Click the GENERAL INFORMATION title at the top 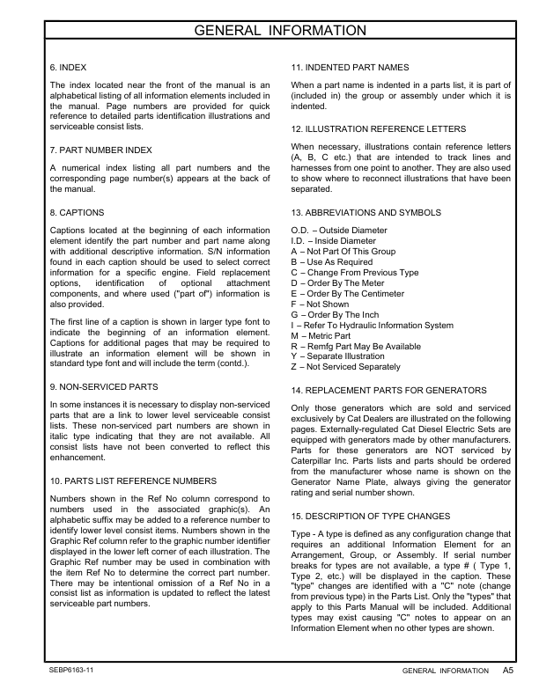coord(269,32)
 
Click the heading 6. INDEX coord(68,67)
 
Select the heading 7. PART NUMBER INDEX coord(101,150)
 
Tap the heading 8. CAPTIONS coord(78,212)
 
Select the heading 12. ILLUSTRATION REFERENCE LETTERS coord(379,128)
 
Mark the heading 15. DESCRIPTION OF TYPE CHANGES coord(371,515)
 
